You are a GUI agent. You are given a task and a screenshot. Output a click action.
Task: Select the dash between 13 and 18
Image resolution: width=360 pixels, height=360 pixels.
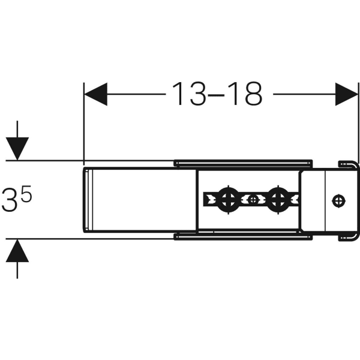pyautogui.click(x=217, y=95)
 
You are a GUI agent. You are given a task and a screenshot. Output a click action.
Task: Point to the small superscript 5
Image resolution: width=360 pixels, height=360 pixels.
pyautogui.click(x=27, y=196)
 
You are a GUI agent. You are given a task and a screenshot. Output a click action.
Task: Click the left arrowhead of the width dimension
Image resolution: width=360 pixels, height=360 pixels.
pyautogui.click(x=95, y=94)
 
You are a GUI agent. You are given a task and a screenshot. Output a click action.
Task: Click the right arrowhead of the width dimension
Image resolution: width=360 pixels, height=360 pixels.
pyautogui.click(x=346, y=94)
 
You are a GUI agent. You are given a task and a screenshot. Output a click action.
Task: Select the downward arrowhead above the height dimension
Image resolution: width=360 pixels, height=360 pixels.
pyautogui.click(x=18, y=148)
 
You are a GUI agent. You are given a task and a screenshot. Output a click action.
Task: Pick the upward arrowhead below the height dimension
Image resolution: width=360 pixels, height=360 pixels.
pyautogui.click(x=18, y=251)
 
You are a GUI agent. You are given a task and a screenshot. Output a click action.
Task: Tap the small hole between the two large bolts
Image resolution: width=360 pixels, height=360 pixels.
pyautogui.click(x=253, y=198)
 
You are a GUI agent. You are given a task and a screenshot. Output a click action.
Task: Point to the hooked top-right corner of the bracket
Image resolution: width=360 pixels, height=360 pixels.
pyautogui.click(x=346, y=164)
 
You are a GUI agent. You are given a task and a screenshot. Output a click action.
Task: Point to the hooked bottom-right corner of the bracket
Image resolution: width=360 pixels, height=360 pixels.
pyautogui.click(x=346, y=238)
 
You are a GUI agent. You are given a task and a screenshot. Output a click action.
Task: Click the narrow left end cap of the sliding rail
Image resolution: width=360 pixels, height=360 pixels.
pyautogui.click(x=86, y=200)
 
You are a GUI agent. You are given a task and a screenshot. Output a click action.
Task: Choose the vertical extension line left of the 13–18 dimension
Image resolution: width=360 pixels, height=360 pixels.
pyautogui.click(x=83, y=120)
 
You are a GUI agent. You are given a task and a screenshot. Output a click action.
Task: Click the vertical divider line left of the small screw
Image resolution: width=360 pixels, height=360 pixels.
pyautogui.click(x=325, y=200)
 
